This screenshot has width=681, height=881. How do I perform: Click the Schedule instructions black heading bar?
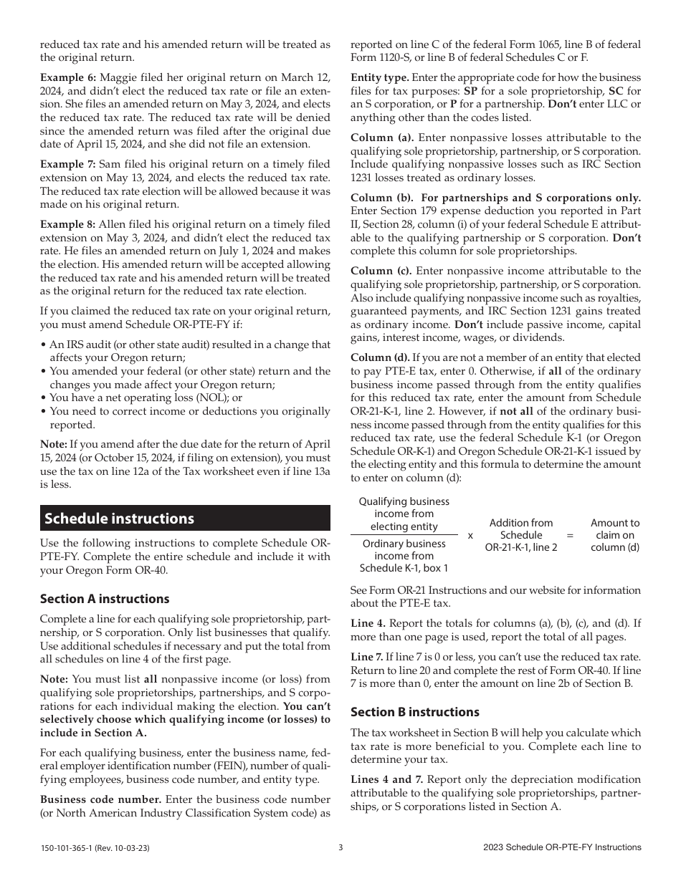click(185, 519)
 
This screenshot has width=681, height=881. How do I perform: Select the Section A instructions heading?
click(105, 599)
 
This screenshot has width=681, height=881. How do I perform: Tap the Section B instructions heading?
click(414, 712)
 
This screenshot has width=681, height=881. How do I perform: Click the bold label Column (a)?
click(381, 138)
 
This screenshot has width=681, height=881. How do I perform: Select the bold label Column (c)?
click(381, 271)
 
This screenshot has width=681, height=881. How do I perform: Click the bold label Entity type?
click(380, 77)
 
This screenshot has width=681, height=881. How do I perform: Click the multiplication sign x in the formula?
click(470, 535)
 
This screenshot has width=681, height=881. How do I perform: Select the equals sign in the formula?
click(570, 535)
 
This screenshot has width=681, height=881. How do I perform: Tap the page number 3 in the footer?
click(340, 847)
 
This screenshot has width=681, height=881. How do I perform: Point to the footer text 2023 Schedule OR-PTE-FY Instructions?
click(562, 847)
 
